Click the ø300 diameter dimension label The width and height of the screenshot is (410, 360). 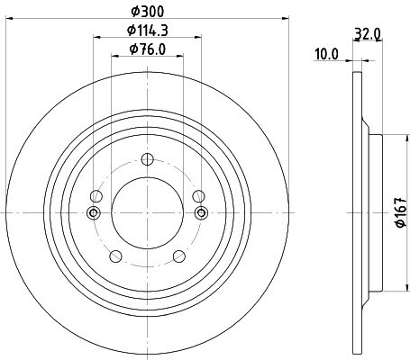[148, 12]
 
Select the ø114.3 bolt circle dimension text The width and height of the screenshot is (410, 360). [147, 31]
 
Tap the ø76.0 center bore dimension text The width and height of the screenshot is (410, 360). [148, 49]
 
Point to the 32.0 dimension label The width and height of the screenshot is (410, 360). [368, 33]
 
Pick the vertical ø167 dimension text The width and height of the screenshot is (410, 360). [401, 212]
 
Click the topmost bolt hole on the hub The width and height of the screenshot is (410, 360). [148, 159]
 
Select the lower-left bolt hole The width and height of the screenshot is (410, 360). [116, 256]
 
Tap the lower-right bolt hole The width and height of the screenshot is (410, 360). [179, 256]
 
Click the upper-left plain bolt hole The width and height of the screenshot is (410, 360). [96, 196]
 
